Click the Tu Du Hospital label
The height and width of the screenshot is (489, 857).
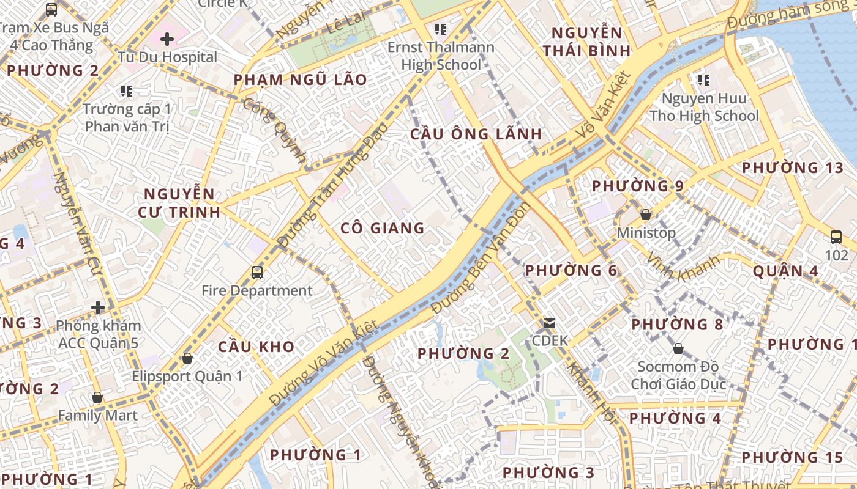click(x=168, y=57)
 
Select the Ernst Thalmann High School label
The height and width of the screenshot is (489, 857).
click(x=441, y=56)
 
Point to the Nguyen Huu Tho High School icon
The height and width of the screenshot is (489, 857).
click(x=704, y=79)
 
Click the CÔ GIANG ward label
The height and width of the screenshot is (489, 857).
click(x=382, y=228)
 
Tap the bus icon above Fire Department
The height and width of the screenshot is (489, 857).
click(x=257, y=272)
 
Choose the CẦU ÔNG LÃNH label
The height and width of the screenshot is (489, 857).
click(x=476, y=134)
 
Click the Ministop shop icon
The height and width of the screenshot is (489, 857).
click(x=646, y=215)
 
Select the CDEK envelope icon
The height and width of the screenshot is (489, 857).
click(x=550, y=323)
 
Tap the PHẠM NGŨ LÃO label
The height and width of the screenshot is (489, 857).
click(x=301, y=79)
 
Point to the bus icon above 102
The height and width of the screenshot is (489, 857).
click(x=836, y=237)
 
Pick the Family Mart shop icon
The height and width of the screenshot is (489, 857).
click(x=97, y=397)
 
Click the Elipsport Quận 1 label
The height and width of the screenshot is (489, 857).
click(x=187, y=375)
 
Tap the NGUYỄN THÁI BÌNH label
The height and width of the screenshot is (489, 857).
click(x=587, y=42)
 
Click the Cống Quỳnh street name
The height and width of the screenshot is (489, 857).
click(x=275, y=130)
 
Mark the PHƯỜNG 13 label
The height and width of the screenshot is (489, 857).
click(x=792, y=167)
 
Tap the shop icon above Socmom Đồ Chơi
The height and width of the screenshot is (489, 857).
click(x=678, y=348)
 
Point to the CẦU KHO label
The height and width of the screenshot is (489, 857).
click(x=256, y=347)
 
